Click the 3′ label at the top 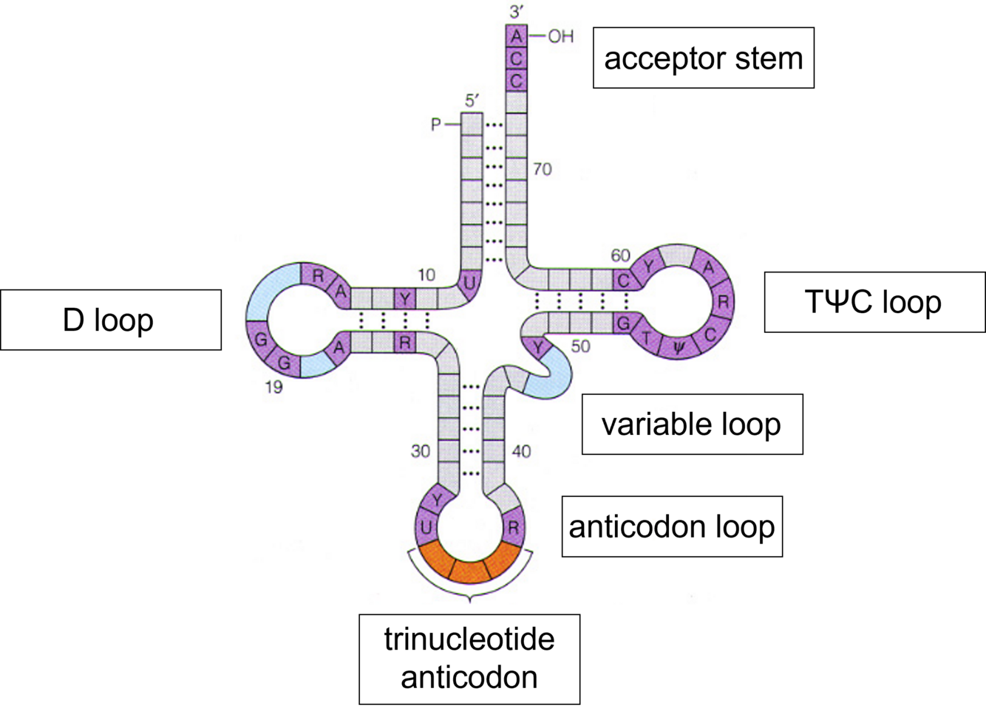pos(516,12)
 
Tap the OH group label pos(560,36)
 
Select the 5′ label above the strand pos(472,101)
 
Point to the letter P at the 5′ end pos(436,125)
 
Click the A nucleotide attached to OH pos(517,36)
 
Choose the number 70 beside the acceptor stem pos(542,170)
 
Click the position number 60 pos(620,255)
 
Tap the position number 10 pos(426,275)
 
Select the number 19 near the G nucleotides pos(273,387)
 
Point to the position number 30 pos(421,450)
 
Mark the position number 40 pos(521,450)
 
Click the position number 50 pos(581,346)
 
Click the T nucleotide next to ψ pos(647,339)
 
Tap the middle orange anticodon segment pos(469,570)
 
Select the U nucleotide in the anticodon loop pos(426,528)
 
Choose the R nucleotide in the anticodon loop pos(513,528)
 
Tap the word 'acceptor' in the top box pos(664,58)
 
